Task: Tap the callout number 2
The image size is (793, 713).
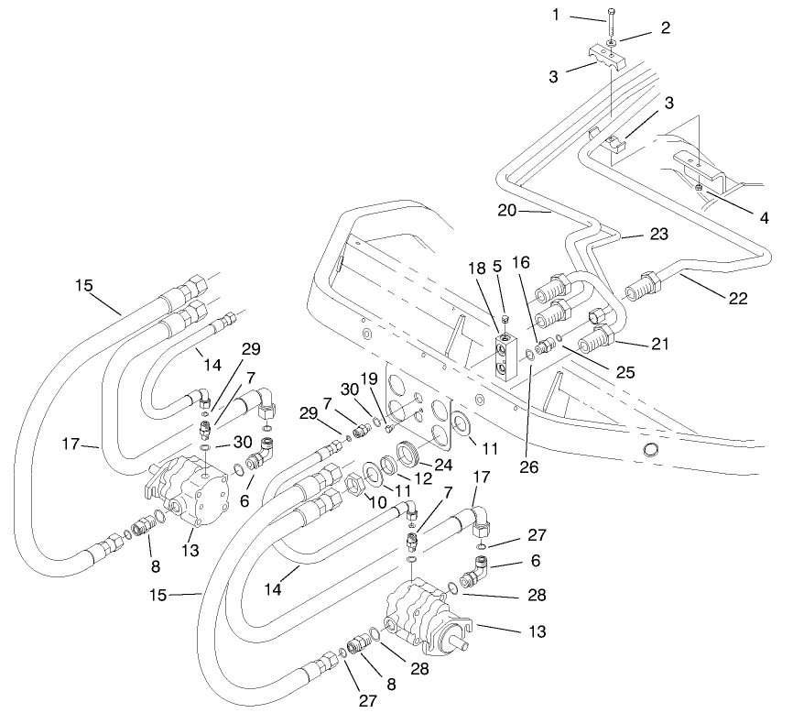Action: tap(666, 27)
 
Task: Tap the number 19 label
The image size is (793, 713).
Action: tap(367, 378)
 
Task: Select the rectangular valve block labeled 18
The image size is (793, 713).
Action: tap(505, 357)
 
